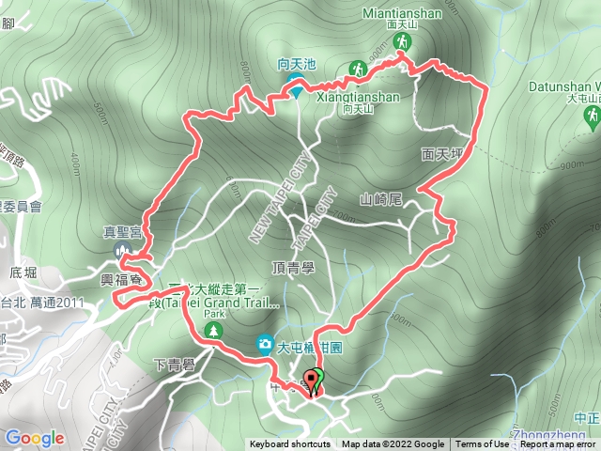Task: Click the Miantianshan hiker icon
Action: click(x=402, y=42)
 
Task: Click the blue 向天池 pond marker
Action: click(x=296, y=91)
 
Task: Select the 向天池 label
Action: click(x=297, y=65)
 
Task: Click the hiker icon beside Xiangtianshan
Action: click(x=357, y=70)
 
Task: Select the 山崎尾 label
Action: click(x=381, y=199)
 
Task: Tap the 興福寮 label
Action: click(x=123, y=281)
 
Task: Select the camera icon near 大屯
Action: click(x=266, y=345)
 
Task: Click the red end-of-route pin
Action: click(x=312, y=381)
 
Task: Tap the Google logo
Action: click(x=35, y=438)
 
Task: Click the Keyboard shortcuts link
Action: click(x=289, y=444)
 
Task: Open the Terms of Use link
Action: click(x=483, y=444)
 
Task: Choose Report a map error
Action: click(x=560, y=444)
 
